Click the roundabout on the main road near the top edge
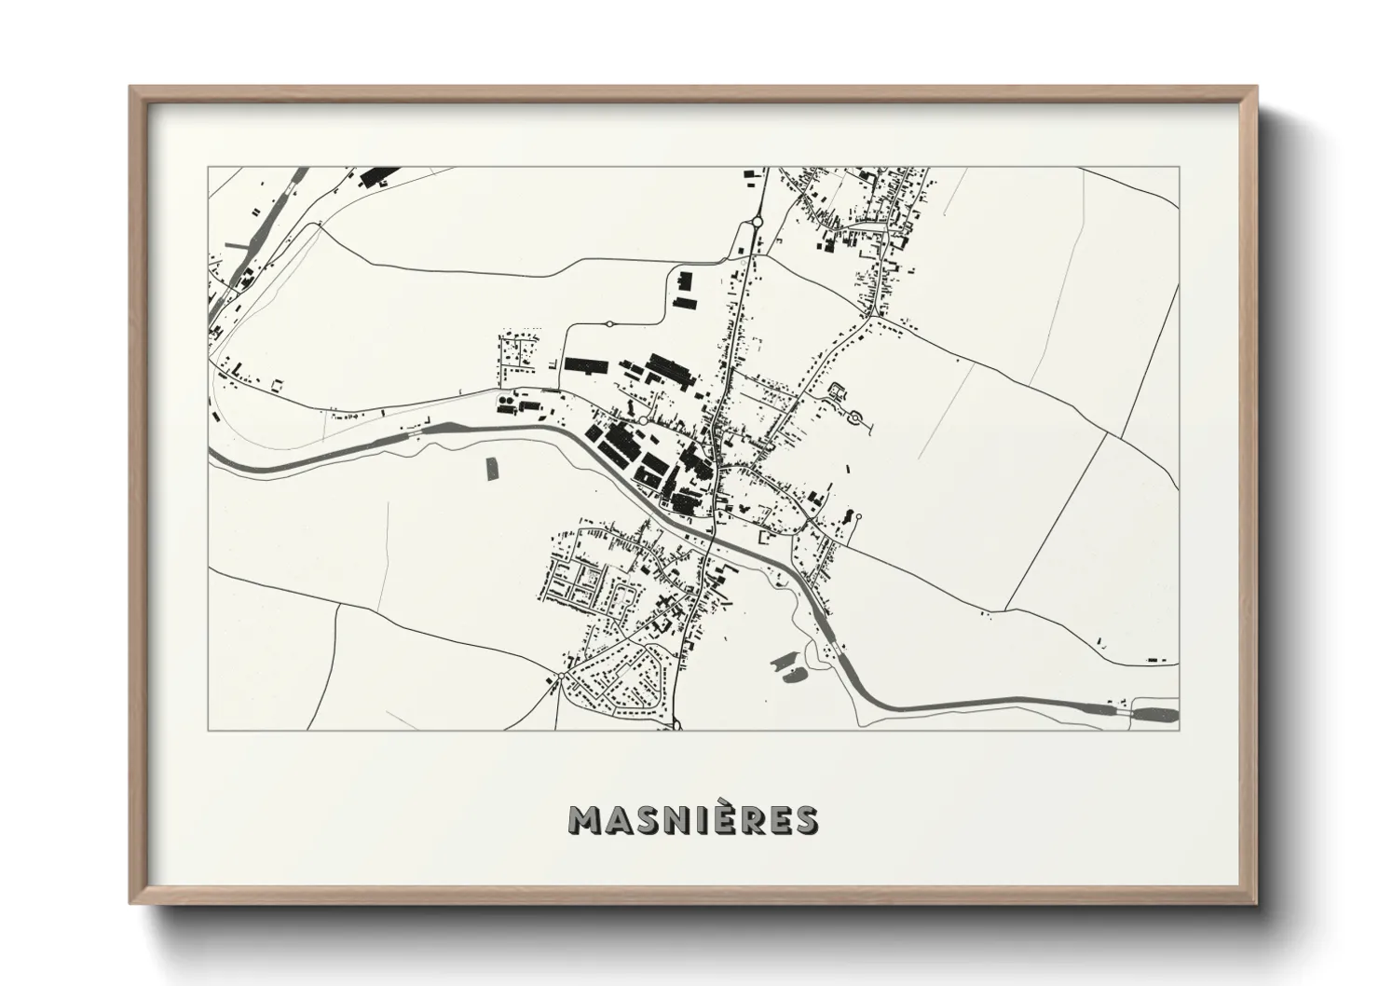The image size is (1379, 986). point(757,222)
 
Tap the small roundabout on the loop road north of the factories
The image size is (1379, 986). point(608,323)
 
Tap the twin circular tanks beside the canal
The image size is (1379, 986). point(504,403)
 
